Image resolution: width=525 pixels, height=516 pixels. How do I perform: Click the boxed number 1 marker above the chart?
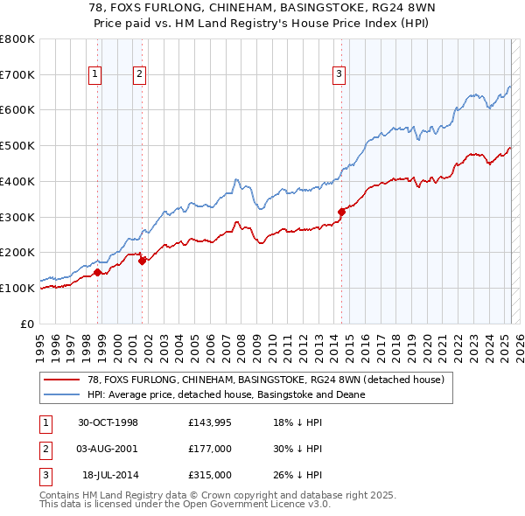tap(94, 75)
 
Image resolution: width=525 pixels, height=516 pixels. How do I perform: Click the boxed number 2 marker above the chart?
tap(139, 75)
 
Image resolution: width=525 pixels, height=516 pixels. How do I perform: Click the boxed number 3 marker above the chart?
tap(338, 75)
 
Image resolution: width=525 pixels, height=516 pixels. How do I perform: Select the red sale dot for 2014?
tap(341, 211)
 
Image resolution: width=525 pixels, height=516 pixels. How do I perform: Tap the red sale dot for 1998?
tap(98, 272)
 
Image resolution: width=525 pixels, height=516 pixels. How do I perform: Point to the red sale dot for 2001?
tap(142, 260)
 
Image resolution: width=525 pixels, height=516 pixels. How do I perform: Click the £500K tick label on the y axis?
tap(17, 145)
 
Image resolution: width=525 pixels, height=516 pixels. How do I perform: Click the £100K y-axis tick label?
tap(17, 288)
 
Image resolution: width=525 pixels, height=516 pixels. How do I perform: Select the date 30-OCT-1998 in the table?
tap(108, 422)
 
